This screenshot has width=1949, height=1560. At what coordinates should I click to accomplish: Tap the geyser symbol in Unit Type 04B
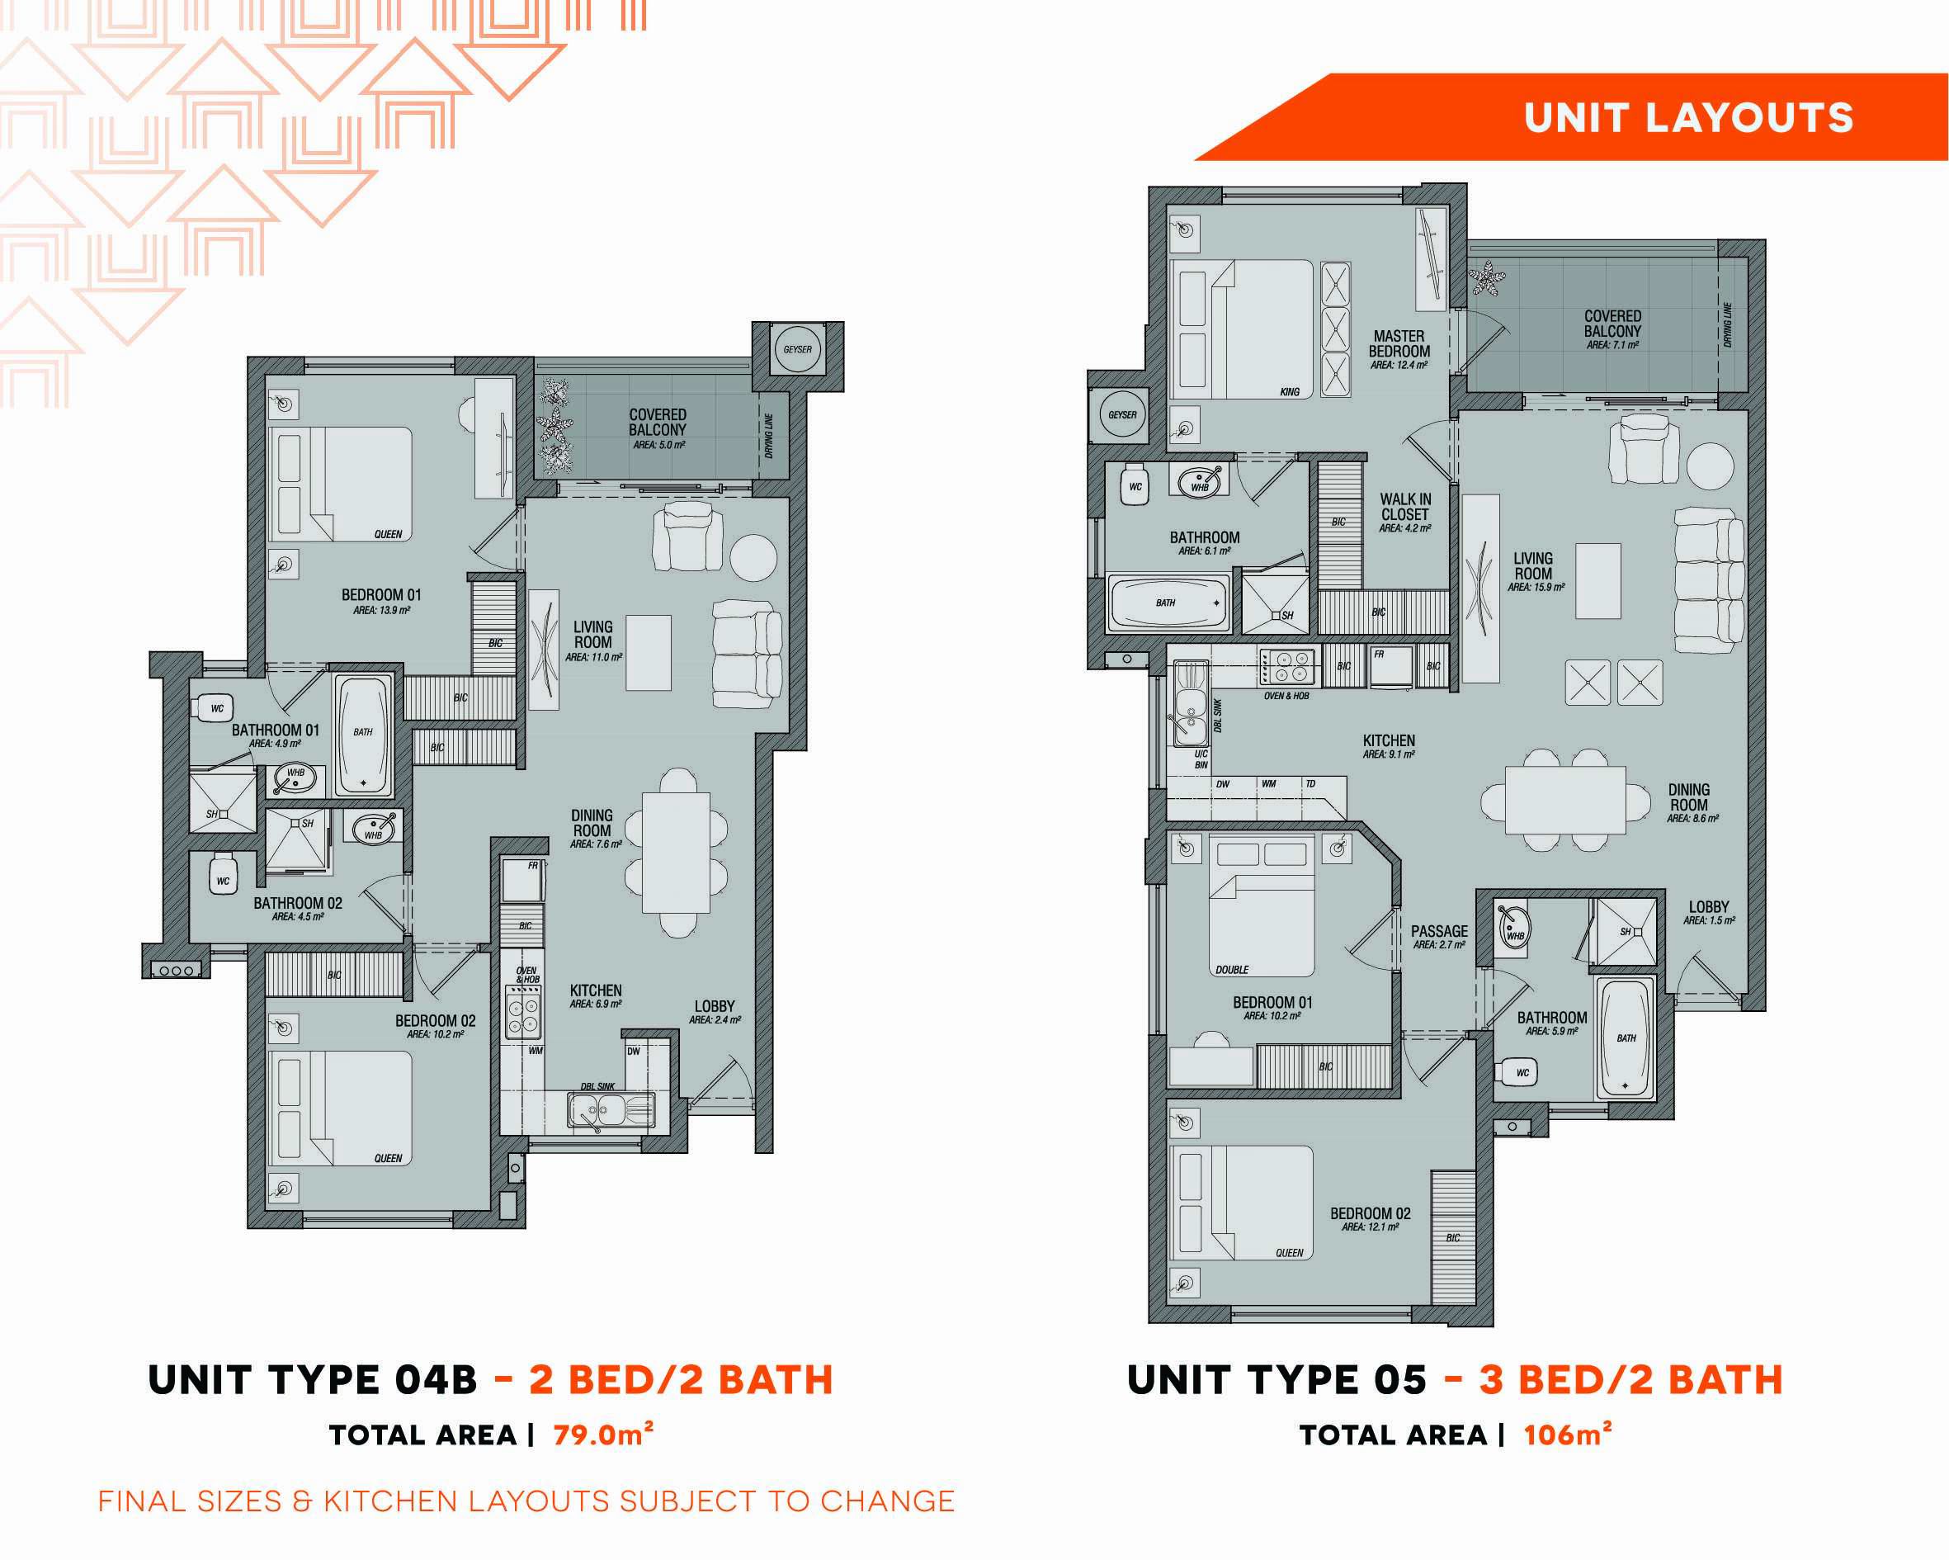coord(797,349)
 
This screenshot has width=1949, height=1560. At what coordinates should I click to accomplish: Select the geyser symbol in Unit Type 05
coord(1122,415)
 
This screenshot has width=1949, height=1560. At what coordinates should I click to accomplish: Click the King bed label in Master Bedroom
coord(1289,391)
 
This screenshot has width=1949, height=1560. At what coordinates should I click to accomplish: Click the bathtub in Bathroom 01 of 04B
coord(363,735)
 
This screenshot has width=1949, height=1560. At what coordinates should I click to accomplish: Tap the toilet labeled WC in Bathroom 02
coord(223,877)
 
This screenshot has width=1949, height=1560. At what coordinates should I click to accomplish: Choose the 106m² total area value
coord(1568,1434)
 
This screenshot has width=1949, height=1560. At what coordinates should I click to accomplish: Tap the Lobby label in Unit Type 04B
coord(714,1005)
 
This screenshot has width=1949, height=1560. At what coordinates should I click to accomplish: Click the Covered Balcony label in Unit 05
coord(1612,324)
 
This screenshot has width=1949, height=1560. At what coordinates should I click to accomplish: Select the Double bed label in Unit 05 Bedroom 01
coord(1231,971)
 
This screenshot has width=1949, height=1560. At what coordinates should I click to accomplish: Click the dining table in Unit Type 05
coord(1564,800)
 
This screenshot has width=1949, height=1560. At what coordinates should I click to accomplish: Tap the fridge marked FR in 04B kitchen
coord(523,879)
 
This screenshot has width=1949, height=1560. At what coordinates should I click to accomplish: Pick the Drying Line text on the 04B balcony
coord(768,436)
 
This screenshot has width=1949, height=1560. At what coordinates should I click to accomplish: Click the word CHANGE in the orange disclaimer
coord(888,1501)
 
